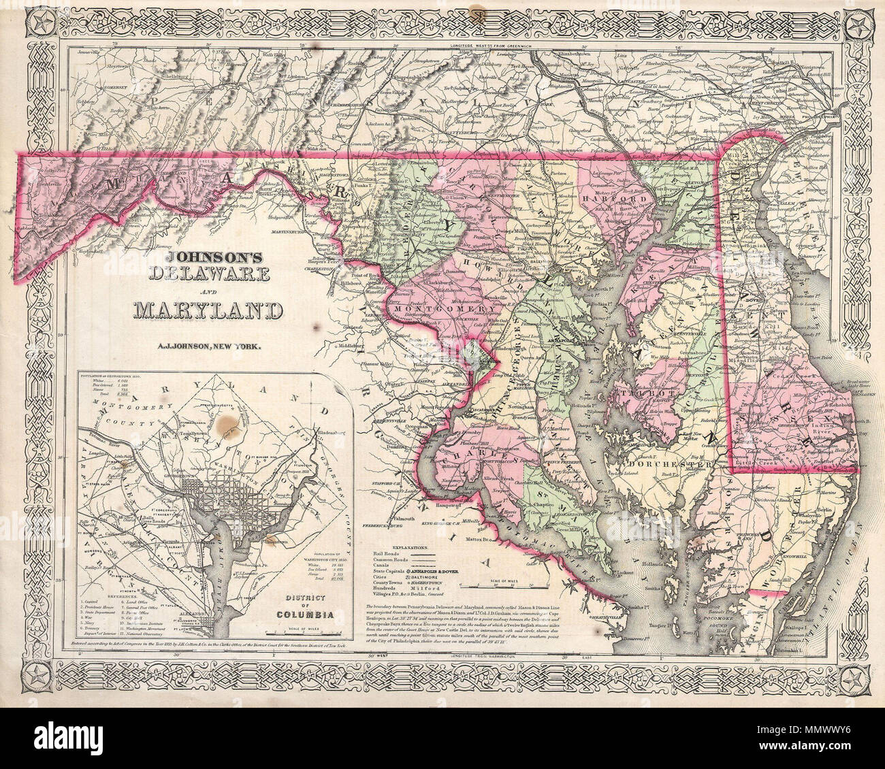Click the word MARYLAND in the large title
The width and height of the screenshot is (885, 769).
pos(208,310)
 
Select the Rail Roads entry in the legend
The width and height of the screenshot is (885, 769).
pos(388,555)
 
